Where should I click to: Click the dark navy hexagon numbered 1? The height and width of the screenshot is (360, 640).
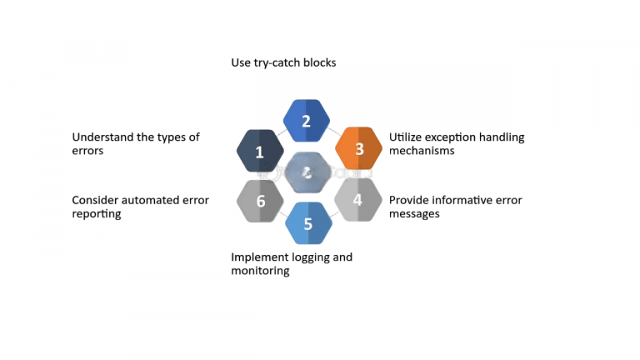click(x=260, y=152)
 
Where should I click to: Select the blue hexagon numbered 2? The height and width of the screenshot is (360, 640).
click(x=307, y=121)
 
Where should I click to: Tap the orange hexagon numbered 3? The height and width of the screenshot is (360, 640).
click(x=358, y=149)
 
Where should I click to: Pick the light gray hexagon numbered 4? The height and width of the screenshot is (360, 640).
click(x=357, y=199)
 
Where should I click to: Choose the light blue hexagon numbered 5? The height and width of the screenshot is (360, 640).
click(x=308, y=223)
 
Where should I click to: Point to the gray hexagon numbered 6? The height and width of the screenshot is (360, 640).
click(x=261, y=201)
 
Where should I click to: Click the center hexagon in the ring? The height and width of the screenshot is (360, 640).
click(x=307, y=172)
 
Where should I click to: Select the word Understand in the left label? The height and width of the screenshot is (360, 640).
click(x=102, y=137)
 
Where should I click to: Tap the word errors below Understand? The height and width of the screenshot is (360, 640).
click(x=87, y=152)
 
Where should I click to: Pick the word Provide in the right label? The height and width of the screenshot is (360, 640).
click(x=410, y=200)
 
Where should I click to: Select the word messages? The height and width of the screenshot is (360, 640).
click(x=414, y=214)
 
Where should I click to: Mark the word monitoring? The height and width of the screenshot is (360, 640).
click(x=260, y=271)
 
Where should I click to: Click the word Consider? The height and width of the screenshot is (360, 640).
click(x=96, y=200)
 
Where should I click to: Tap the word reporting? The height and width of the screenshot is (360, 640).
click(x=97, y=214)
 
